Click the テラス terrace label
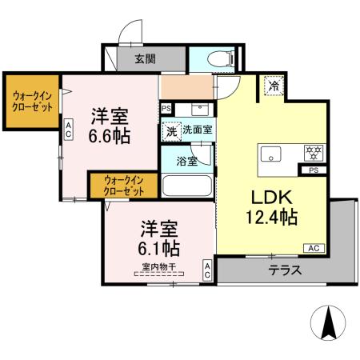(285, 270)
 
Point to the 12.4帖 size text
(271, 216)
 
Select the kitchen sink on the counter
(270, 153)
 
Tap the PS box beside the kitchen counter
(312, 170)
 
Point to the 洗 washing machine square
(170, 130)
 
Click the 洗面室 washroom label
(197, 130)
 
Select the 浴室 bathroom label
(186, 160)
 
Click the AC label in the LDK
(313, 249)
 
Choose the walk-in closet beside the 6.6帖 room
(31, 102)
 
